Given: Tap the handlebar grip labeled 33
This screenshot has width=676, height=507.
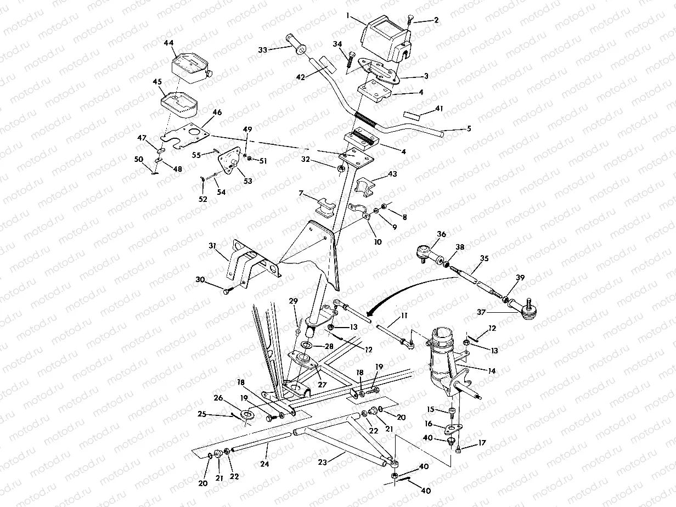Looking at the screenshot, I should click(x=296, y=45).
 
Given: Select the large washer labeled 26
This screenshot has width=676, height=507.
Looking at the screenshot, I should click(x=247, y=414).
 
